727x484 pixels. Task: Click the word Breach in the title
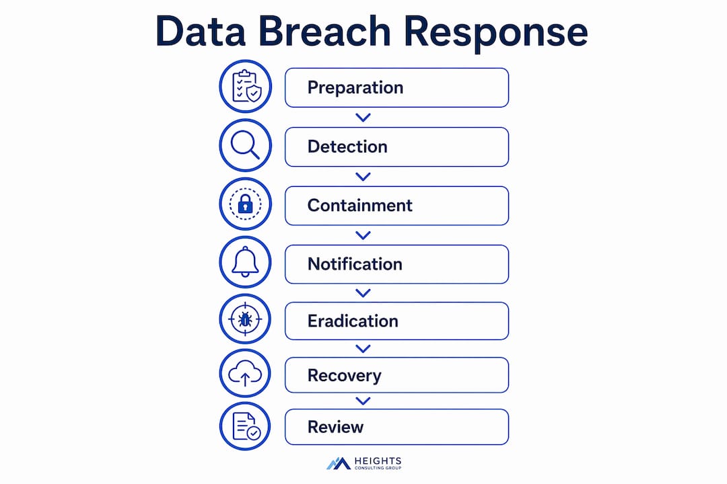324,31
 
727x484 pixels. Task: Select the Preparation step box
397,87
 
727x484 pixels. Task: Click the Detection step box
397,147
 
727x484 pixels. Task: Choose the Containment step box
397,206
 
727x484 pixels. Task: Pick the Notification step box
397,264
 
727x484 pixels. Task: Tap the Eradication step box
397,321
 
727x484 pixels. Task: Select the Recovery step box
397,375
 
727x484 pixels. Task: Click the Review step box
397,427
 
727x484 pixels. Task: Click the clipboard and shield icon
246,86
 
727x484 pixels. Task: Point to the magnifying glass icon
245,145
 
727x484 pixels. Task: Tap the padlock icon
245,204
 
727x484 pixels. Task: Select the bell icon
245,262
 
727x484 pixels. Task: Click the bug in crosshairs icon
245,319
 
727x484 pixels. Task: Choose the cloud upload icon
245,373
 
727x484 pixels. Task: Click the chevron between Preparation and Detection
363,118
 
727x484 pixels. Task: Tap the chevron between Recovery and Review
363,401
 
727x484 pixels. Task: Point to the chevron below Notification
363,293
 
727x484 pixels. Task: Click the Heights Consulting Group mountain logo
339,464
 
